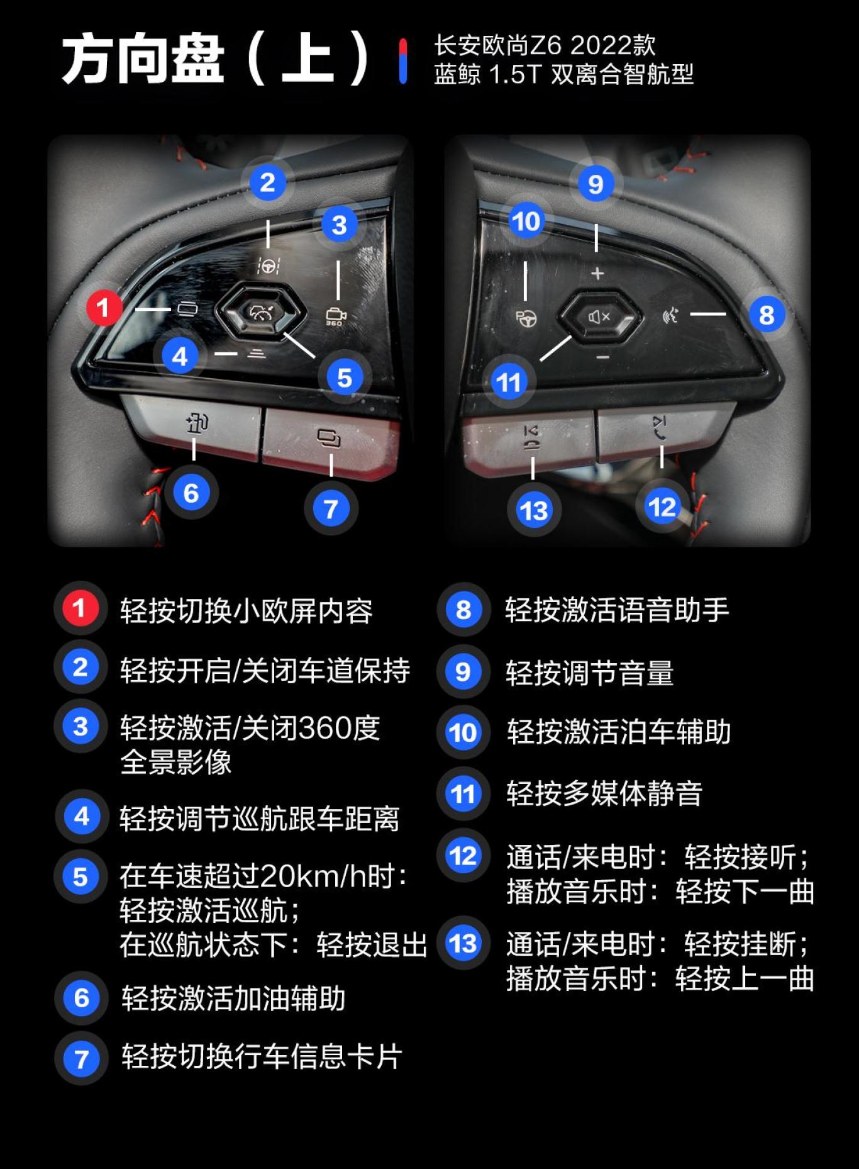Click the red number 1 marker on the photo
tap(103, 308)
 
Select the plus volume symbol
tap(597, 274)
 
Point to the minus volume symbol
tap(602, 357)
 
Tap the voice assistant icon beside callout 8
tap(671, 315)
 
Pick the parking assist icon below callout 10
tap(526, 318)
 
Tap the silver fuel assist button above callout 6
tap(195, 425)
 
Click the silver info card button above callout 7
tap(329, 437)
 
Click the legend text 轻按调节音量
tap(589, 673)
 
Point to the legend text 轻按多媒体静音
tap(604, 793)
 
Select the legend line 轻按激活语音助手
tap(617, 610)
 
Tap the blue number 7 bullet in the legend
tap(81, 1058)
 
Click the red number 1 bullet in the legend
tap(79, 608)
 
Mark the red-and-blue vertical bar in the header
tap(403, 61)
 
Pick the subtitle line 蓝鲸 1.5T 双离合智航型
tap(563, 75)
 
